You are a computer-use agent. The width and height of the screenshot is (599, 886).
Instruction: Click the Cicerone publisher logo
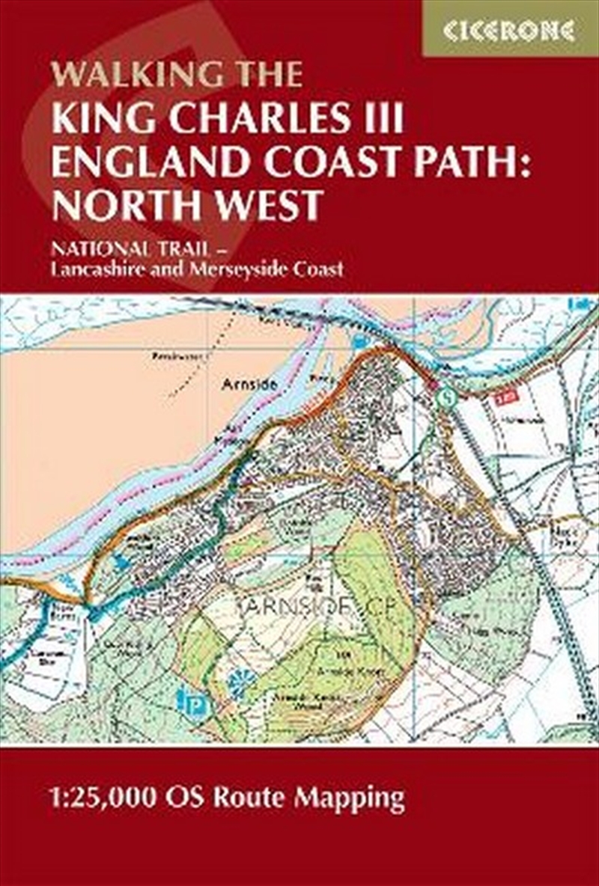pos(509,30)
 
